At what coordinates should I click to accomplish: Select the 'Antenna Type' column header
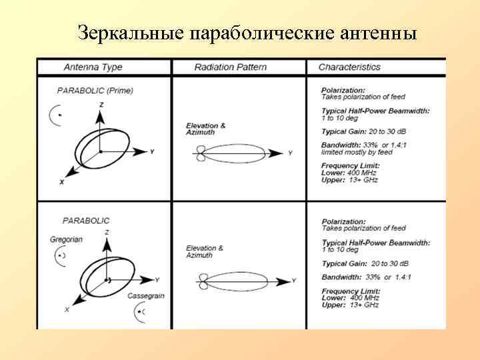[x=93, y=67]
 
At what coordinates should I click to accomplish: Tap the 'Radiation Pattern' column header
[x=230, y=67]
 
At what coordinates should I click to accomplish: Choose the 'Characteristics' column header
[x=349, y=67]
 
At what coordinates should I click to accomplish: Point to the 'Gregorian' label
[x=66, y=239]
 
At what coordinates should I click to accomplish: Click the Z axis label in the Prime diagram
[x=101, y=105]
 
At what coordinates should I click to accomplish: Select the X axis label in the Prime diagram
[x=61, y=182]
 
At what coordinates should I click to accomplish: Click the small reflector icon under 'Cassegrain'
[x=139, y=311]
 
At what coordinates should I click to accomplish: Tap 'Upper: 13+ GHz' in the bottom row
[x=351, y=305]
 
